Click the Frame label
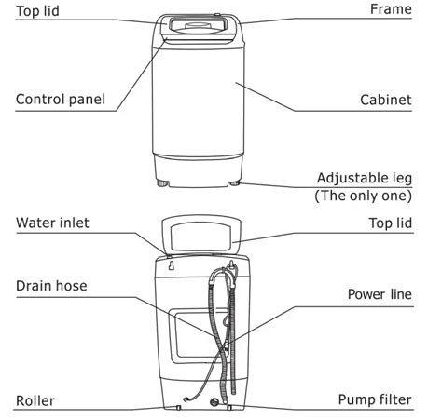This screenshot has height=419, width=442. [391, 9]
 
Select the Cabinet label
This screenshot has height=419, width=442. [385, 100]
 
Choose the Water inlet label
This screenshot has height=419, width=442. [54, 223]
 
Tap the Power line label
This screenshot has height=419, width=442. [380, 294]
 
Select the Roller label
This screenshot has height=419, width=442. [35, 400]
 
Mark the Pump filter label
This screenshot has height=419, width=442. [374, 400]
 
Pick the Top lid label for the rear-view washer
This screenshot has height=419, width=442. [389, 223]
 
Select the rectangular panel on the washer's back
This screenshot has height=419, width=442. [191, 335]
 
